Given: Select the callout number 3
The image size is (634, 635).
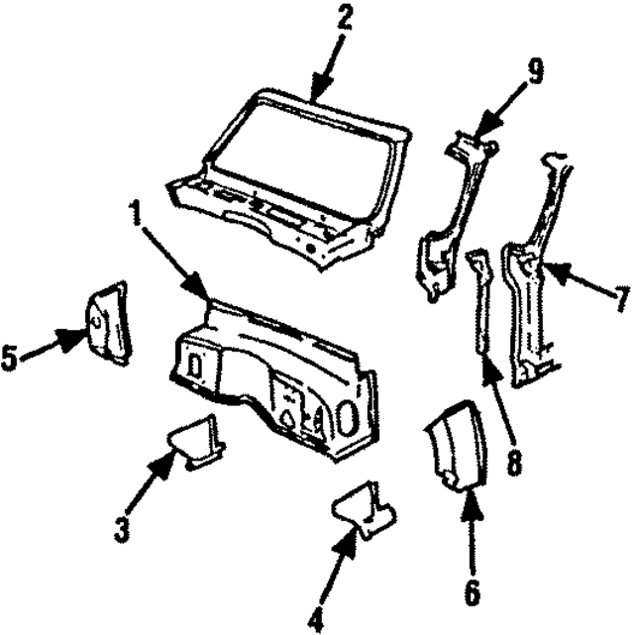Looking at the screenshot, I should (x=121, y=528).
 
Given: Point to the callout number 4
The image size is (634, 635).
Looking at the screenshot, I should (x=315, y=619).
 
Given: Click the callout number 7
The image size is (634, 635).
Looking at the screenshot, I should (x=620, y=297).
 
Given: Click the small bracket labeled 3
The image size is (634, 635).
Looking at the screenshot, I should (x=195, y=443).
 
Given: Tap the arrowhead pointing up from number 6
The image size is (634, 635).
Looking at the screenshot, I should (x=471, y=500).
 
